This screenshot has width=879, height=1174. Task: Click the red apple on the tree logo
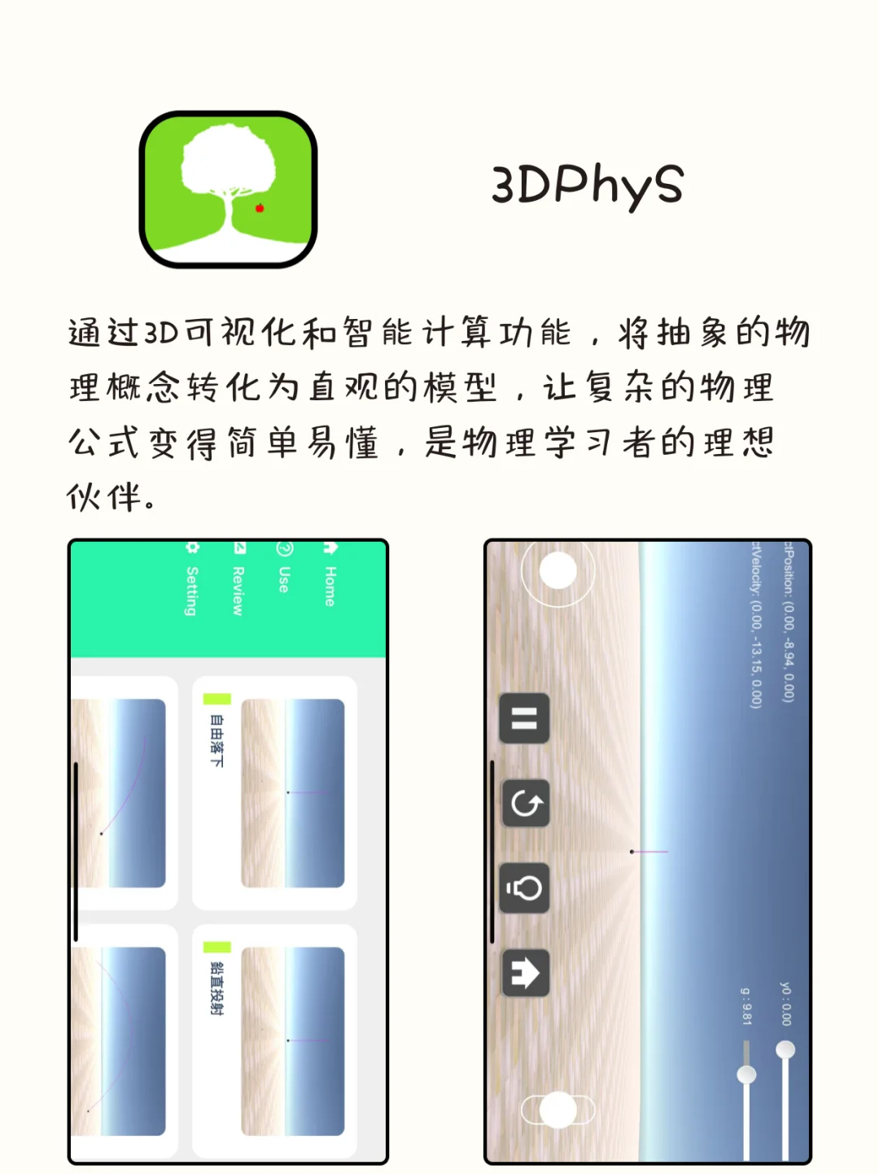point(260,208)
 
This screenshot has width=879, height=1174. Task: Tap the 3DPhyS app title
point(587,185)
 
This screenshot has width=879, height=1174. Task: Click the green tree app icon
point(228,189)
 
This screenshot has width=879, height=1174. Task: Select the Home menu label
point(330,586)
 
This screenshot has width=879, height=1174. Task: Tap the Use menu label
point(283,578)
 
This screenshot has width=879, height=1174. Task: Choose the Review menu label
point(238,590)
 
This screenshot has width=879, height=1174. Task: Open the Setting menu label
point(192,590)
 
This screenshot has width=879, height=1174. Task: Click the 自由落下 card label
point(216,740)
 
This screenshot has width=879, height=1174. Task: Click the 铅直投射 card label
point(216,988)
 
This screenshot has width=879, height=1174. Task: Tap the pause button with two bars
point(524,718)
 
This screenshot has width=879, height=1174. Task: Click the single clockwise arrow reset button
point(526,804)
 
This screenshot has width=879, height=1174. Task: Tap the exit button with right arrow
point(525,973)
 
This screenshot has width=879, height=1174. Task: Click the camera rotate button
point(525,888)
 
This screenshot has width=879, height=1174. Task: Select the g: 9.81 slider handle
point(746,1075)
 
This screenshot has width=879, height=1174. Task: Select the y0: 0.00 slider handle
point(785,1050)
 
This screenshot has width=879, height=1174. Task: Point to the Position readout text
point(788,622)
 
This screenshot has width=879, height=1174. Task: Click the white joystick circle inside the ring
point(558,570)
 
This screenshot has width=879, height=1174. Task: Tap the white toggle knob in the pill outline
point(558,1110)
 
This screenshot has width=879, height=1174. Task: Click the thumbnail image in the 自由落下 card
point(293,792)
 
